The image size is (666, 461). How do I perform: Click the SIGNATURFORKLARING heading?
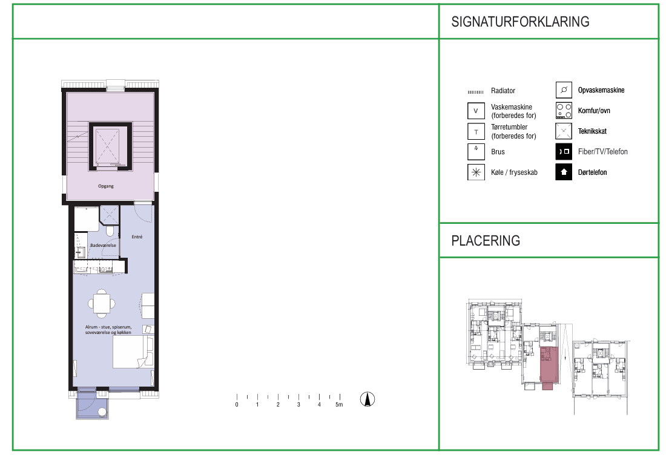(520, 22)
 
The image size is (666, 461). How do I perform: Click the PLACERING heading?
(486, 241)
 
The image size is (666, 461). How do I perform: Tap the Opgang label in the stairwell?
(106, 186)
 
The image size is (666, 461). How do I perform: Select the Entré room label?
(137, 237)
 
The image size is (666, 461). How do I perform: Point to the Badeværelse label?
(103, 246)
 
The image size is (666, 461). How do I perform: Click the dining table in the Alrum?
(102, 304)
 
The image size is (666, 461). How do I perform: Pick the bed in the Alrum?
(133, 352)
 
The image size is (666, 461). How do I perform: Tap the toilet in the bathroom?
(110, 231)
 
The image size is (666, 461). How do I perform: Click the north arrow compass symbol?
(368, 399)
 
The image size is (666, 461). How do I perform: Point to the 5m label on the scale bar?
(339, 405)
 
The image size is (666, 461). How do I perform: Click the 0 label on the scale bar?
(237, 405)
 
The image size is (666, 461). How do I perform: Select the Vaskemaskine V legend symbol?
(476, 111)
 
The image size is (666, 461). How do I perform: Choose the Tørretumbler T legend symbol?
(476, 132)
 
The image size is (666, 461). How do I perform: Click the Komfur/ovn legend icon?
(564, 111)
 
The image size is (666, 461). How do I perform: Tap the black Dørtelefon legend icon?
(564, 172)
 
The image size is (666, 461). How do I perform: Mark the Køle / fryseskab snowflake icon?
(476, 172)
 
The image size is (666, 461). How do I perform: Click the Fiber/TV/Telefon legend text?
(602, 151)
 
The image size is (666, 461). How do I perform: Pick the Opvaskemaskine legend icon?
(564, 90)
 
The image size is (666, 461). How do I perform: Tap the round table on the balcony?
(102, 412)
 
